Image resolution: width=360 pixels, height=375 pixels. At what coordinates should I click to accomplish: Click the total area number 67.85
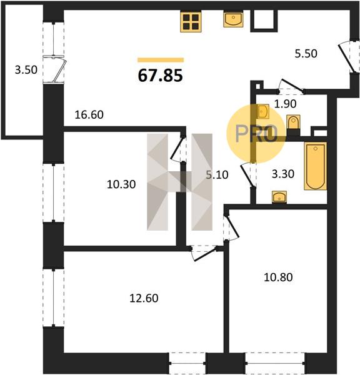(x=160, y=76)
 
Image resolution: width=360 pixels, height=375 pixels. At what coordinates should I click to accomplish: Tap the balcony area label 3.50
(x=26, y=70)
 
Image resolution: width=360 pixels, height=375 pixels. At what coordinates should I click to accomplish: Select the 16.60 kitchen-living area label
(x=89, y=114)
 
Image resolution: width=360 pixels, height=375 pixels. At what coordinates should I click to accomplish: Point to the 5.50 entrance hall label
(x=306, y=54)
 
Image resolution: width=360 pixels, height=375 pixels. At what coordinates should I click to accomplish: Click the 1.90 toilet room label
(x=285, y=104)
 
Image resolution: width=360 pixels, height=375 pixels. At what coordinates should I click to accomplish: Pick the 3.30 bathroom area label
(x=283, y=174)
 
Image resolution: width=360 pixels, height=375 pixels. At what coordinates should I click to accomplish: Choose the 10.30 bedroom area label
(x=121, y=184)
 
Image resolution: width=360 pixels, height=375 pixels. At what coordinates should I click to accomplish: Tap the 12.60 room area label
(x=144, y=298)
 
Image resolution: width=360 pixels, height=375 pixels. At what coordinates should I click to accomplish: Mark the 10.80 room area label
(x=278, y=277)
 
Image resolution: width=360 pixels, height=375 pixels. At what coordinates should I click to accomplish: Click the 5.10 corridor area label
(x=217, y=175)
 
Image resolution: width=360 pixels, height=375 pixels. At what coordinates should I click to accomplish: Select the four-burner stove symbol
(x=191, y=22)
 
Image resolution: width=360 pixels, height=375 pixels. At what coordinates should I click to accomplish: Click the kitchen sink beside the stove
(x=234, y=19)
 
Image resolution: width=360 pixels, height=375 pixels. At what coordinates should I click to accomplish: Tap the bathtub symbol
(x=315, y=166)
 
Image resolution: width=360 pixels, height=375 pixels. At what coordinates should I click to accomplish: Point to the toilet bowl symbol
(x=293, y=122)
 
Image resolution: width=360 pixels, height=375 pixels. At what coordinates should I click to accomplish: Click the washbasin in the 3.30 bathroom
(x=279, y=197)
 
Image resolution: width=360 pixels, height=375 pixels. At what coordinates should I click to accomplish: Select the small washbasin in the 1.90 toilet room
(x=263, y=111)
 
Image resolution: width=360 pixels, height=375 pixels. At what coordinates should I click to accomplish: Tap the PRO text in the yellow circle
(x=256, y=134)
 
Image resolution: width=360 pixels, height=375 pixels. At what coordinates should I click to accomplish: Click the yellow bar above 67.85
(x=161, y=60)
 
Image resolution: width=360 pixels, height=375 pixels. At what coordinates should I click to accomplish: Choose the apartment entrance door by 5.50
(x=348, y=57)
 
